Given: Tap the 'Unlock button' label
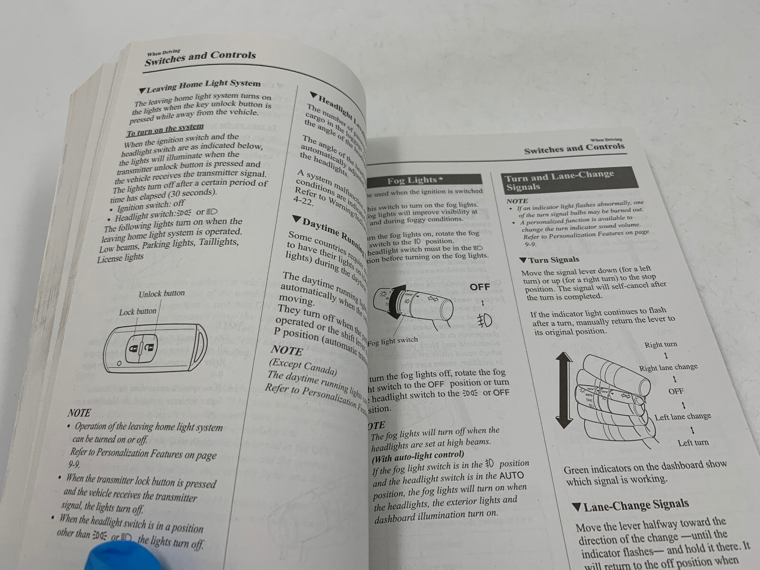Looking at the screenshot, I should [161, 294].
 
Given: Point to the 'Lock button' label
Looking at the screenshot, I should [138, 312].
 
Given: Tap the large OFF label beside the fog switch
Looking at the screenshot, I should [479, 287].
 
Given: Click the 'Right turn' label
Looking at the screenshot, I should [661, 345].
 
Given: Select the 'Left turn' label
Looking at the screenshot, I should [693, 443].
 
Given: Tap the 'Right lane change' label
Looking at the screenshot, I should [668, 368].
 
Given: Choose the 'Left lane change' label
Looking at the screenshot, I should [683, 417].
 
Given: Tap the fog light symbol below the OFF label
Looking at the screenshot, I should [484, 320].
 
